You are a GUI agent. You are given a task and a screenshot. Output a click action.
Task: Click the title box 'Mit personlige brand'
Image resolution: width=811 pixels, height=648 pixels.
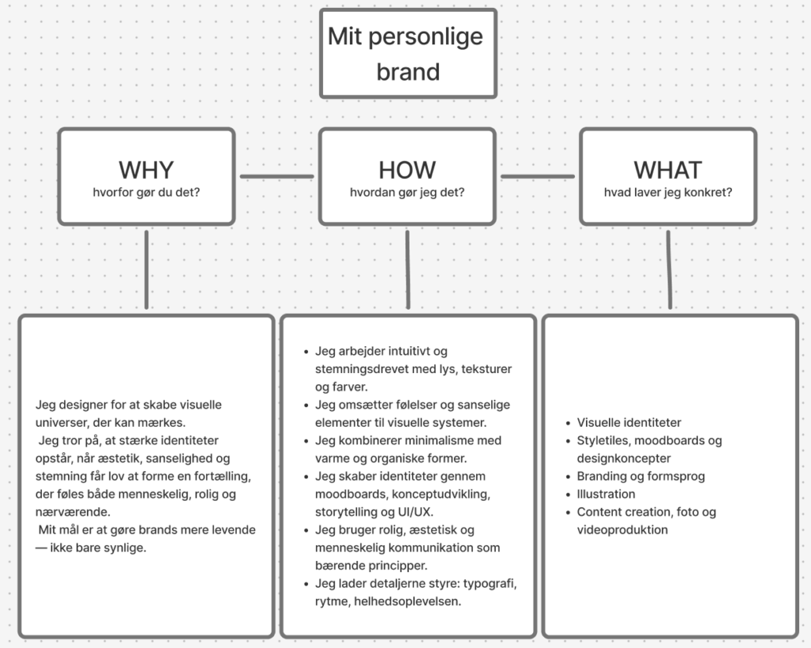(x=408, y=53)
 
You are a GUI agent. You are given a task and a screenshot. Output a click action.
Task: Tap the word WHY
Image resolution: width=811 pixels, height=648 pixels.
(x=147, y=170)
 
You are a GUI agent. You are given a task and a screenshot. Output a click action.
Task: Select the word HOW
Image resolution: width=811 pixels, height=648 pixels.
(x=407, y=170)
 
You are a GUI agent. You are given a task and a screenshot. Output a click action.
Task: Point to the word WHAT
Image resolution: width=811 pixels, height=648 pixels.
(x=668, y=170)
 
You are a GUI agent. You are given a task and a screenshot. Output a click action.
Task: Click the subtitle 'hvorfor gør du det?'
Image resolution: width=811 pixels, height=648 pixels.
(x=147, y=192)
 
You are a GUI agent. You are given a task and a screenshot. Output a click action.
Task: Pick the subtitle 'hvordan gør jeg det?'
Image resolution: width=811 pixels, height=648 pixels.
(x=407, y=192)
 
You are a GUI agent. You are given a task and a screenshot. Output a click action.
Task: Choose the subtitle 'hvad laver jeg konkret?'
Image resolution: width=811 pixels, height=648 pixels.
(x=668, y=192)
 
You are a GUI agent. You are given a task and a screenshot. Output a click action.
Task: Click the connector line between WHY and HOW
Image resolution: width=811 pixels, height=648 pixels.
(x=276, y=177)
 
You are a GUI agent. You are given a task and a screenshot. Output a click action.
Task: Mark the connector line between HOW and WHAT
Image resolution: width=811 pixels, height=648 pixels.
(x=538, y=177)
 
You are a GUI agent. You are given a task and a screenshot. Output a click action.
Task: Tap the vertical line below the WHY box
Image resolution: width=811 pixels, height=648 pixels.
(x=147, y=269)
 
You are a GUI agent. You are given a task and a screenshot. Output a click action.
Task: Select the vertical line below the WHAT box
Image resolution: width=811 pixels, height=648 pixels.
(x=669, y=269)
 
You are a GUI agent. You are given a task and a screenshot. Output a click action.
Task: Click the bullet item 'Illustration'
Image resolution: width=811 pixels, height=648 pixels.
(x=606, y=494)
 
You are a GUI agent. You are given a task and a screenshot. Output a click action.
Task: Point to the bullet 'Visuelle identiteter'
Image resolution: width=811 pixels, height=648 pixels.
(x=629, y=422)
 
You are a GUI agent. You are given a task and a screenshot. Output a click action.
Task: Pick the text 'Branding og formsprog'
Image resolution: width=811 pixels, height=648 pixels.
(x=641, y=476)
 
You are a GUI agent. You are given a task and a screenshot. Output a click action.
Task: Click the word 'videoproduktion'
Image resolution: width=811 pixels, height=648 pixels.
(x=623, y=530)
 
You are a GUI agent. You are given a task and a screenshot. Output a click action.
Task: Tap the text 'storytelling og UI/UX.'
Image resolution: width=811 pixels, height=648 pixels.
(x=374, y=512)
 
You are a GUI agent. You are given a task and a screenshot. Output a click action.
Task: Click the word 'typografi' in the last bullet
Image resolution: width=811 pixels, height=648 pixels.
(x=489, y=584)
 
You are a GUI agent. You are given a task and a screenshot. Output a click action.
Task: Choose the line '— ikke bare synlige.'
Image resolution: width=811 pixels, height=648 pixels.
(x=91, y=547)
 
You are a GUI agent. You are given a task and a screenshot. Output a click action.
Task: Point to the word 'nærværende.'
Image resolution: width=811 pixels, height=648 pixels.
(x=73, y=512)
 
